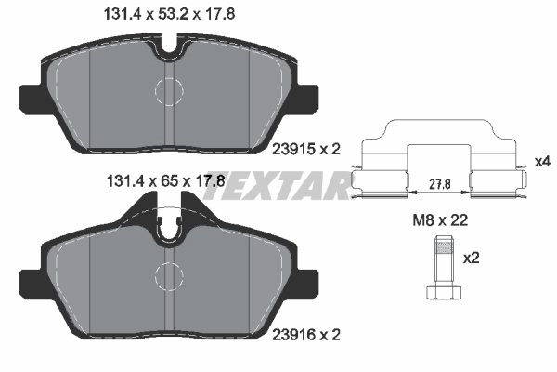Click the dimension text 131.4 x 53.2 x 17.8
[x=162, y=14]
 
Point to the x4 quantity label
[x=543, y=162]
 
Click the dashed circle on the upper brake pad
[x=168, y=90]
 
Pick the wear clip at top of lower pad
[x=168, y=224]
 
